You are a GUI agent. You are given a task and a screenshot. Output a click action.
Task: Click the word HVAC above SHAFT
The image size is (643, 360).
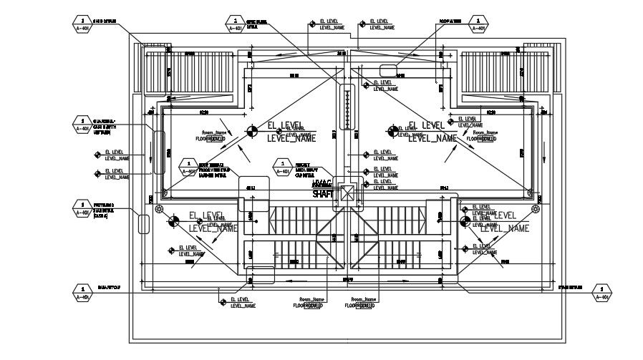coord(322,184)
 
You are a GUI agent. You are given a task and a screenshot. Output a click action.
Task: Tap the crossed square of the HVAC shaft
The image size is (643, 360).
coord(348,193)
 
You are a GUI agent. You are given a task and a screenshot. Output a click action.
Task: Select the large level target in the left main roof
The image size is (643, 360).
coord(251,131)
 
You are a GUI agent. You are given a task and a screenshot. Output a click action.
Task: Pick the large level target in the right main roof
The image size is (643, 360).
coord(392,131)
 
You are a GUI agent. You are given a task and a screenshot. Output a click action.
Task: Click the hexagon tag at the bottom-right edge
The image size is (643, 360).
coord(603,293)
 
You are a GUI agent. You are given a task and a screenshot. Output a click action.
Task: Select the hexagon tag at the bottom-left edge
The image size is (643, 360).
coord(83,293)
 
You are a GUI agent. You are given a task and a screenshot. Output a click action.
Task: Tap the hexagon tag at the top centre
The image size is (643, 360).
coord(235,24)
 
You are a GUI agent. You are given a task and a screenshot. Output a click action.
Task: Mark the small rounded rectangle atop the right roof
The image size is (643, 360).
coord(388,69)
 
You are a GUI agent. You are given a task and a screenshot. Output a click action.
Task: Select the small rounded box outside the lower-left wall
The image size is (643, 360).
coord(143,223)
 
